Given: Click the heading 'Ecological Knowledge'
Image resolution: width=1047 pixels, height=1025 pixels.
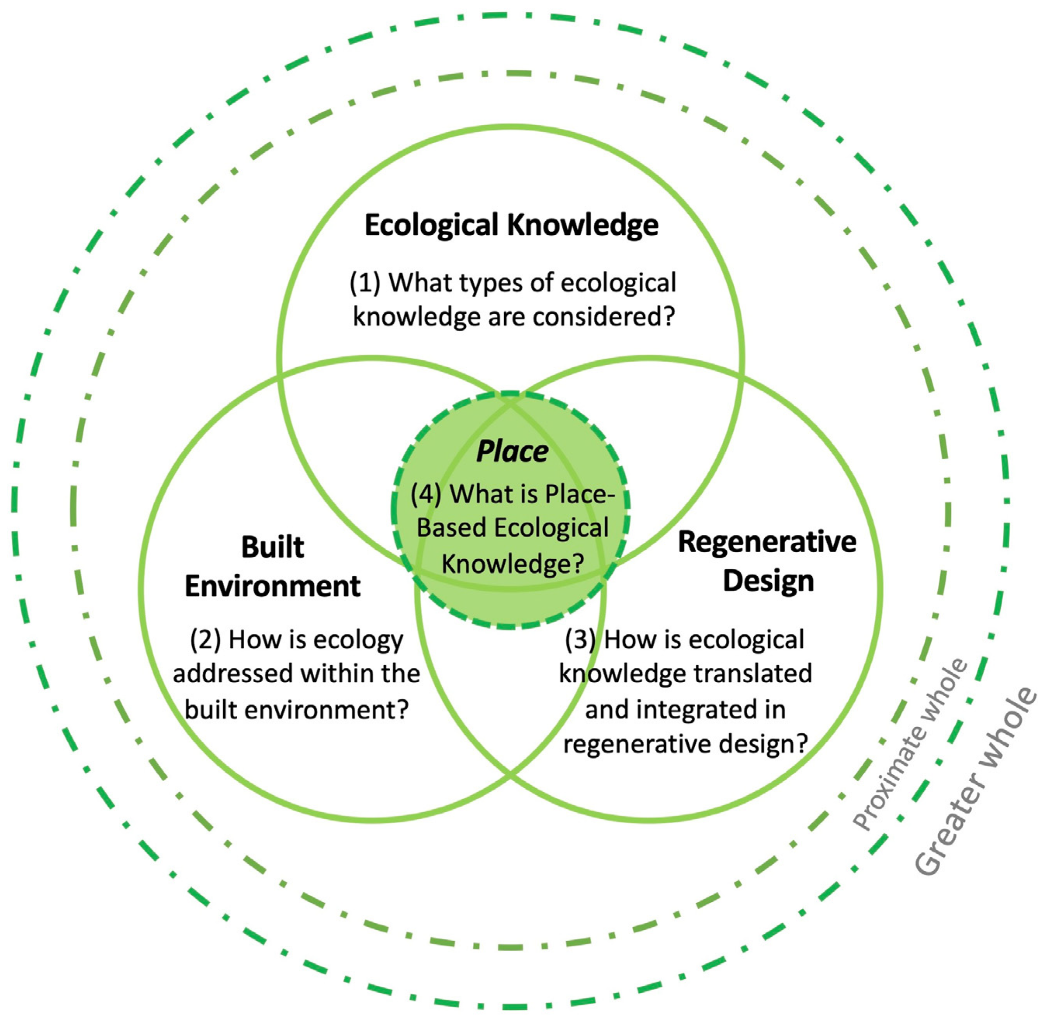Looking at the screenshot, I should pos(511,225).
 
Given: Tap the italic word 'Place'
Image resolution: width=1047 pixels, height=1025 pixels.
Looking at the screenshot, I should pos(512,451).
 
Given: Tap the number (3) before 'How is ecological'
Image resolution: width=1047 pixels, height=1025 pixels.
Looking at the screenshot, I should pos(580,640).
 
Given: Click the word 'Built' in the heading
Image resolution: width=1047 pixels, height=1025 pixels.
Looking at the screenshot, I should pos(272,548).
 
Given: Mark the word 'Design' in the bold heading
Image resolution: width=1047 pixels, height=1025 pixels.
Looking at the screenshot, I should pos(768,581).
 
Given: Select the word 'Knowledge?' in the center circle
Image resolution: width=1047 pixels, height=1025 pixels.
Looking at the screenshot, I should pos(512,563).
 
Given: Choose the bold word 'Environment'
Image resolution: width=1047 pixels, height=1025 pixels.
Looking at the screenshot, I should pos(272,586).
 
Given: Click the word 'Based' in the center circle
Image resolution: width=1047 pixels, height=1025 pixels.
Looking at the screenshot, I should pos(451,528).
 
